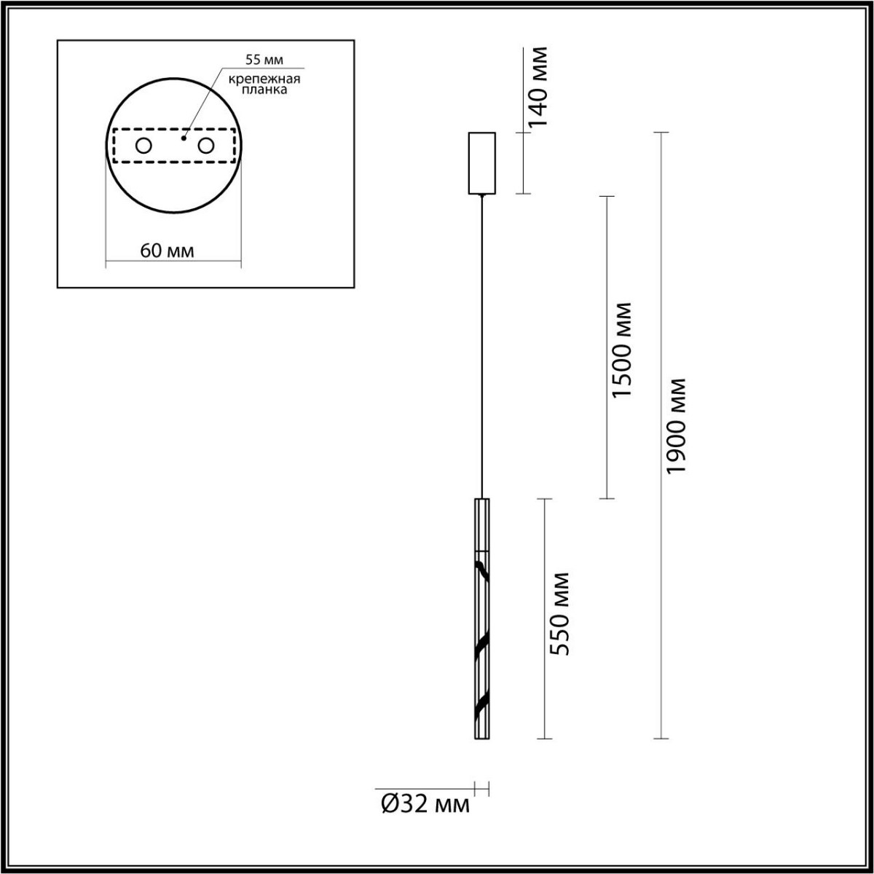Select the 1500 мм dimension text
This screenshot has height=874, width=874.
[622, 350]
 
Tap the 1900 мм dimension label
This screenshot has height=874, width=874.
[677, 426]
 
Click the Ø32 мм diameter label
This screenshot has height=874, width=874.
[425, 804]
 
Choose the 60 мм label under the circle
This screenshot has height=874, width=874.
[167, 251]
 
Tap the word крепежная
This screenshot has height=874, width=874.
[260, 79]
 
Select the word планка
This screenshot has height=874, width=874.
[261, 91]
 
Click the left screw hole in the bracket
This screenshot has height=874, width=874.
[143, 146]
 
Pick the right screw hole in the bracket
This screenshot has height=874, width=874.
[206, 146]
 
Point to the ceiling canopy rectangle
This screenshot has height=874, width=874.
[481, 163]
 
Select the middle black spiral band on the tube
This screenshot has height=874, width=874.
[481, 645]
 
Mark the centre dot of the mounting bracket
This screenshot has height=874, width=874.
[184, 137]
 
